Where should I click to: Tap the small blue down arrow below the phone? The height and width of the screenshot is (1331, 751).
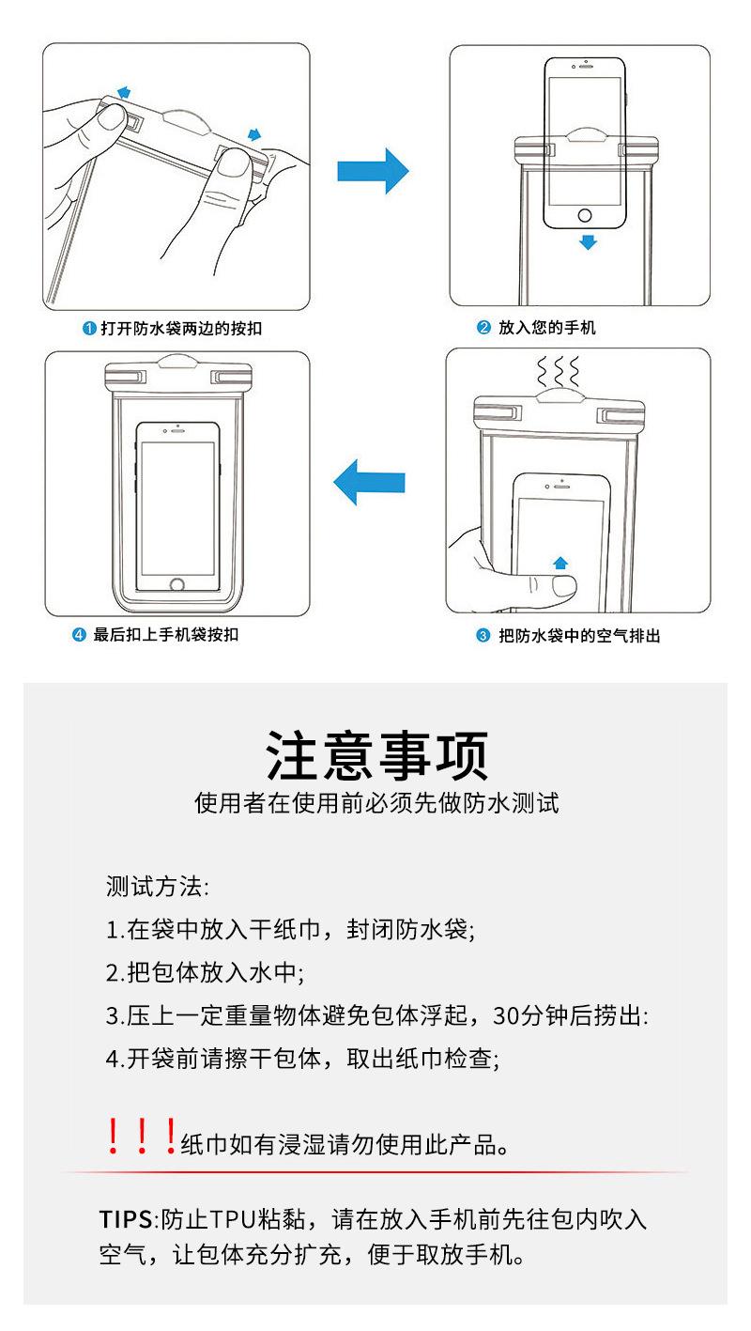[588, 242]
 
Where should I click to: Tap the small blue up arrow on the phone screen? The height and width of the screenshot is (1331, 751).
[560, 562]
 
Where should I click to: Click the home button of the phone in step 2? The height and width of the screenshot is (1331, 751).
[587, 210]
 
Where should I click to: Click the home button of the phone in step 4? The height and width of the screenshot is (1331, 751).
[177, 584]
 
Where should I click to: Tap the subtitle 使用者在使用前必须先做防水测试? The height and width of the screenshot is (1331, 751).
[376, 804]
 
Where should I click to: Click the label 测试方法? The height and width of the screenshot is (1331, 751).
[157, 886]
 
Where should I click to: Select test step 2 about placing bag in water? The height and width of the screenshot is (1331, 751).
[205, 972]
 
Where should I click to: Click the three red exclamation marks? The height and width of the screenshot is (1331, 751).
[140, 1138]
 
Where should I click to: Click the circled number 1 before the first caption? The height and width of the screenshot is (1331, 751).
[89, 329]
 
